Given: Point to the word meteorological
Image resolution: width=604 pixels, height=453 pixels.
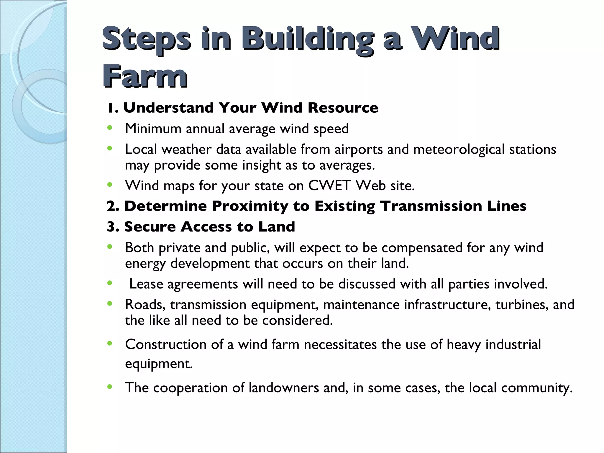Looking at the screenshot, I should pos(459,149).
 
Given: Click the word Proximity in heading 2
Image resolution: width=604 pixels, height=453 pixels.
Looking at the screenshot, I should pos(250,206).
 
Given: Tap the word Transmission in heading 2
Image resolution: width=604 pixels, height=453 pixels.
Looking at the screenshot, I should pos(431,206).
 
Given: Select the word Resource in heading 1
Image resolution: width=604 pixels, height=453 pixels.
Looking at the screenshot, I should pos(343,108).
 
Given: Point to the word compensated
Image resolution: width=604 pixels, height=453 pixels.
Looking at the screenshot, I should pos(422,248).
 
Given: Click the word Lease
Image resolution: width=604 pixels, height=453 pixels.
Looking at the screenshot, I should pos(146,284).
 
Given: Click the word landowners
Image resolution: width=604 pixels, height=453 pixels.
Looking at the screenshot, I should pos(284,388).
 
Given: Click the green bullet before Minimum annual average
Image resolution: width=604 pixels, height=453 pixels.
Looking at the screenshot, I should pos(110,128).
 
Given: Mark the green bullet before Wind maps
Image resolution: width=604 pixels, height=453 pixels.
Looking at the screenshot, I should pos(110,185).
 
